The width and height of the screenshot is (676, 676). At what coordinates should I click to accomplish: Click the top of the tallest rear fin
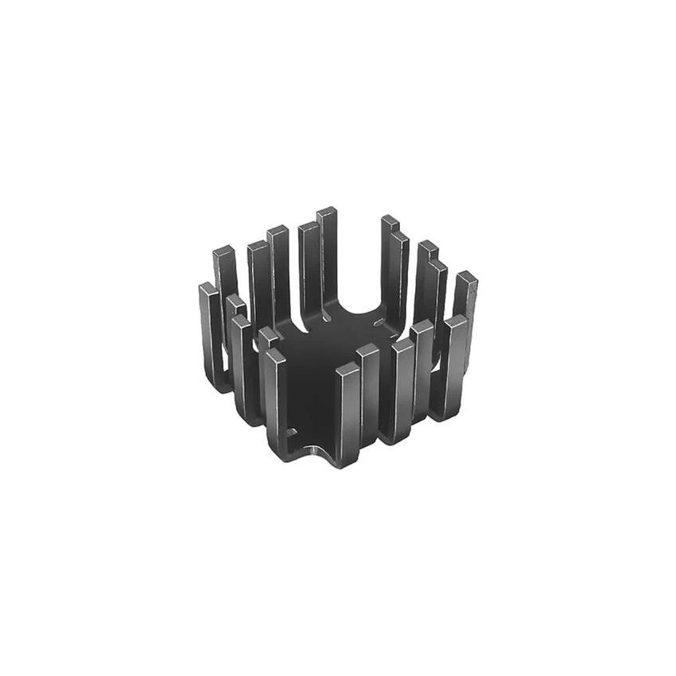point(326,212)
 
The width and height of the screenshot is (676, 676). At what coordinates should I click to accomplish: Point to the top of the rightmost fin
point(467,277)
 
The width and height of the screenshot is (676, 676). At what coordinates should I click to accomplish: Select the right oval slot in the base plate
point(379,322)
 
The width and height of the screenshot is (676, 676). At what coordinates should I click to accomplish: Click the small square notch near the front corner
point(292,433)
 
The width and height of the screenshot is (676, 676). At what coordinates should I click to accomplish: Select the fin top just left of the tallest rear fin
point(308,227)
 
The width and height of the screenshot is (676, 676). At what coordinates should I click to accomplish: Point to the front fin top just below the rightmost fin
point(456,321)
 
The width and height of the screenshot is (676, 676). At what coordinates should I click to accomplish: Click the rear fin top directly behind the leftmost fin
point(223,251)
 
